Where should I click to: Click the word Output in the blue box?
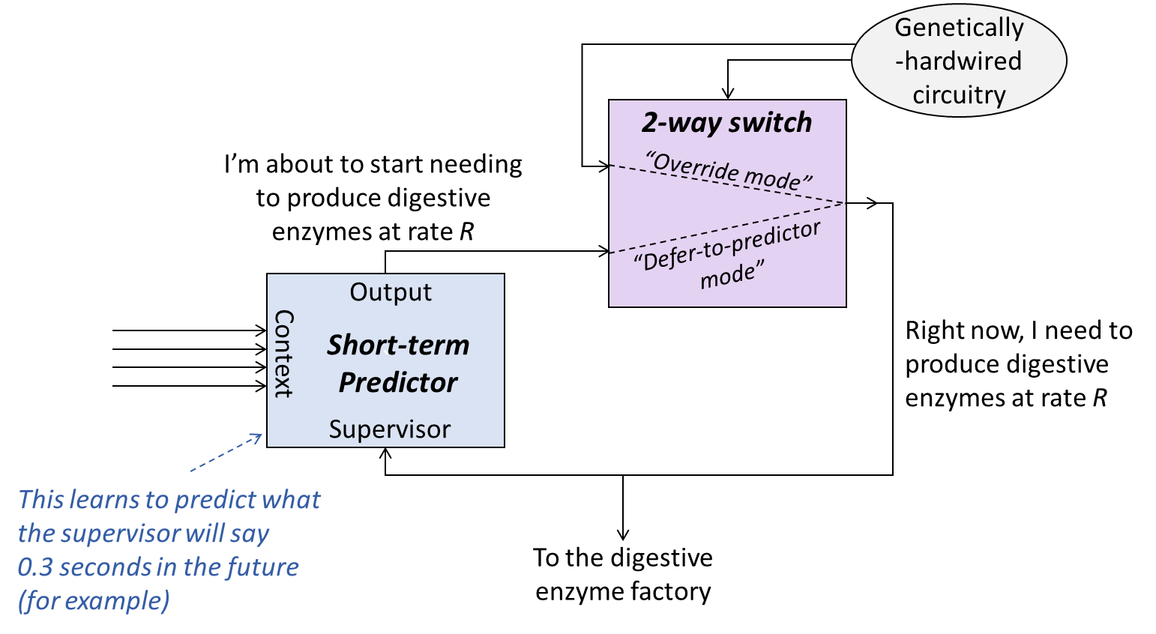pyautogui.click(x=391, y=292)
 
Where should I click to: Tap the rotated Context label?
pyautogui.click(x=283, y=354)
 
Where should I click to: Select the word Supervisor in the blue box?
pyautogui.click(x=390, y=429)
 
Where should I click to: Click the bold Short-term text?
pyautogui.click(x=398, y=345)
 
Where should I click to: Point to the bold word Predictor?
pyautogui.click(x=398, y=382)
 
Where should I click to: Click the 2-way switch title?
pyautogui.click(x=726, y=122)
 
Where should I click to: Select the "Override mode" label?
pyautogui.click(x=728, y=171)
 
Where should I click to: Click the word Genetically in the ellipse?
pyautogui.click(x=959, y=28)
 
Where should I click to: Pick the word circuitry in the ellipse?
pyautogui.click(x=959, y=95)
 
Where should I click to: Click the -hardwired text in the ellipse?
pyautogui.click(x=958, y=61)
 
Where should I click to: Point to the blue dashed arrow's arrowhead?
pyautogui.click(x=259, y=435)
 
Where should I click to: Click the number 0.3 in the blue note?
pyautogui.click(x=35, y=567)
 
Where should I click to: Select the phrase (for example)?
pyautogui.click(x=94, y=601)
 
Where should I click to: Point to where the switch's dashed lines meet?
pyautogui.click(x=844, y=203)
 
